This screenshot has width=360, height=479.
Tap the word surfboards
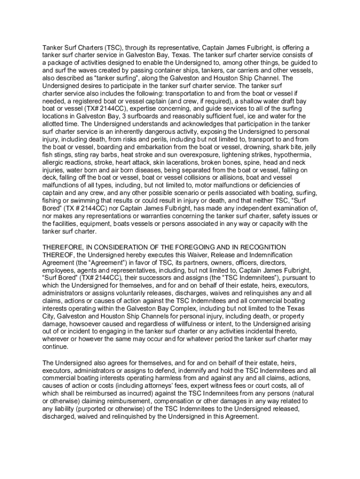coord(140,116)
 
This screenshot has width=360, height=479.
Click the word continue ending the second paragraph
coord(55,347)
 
